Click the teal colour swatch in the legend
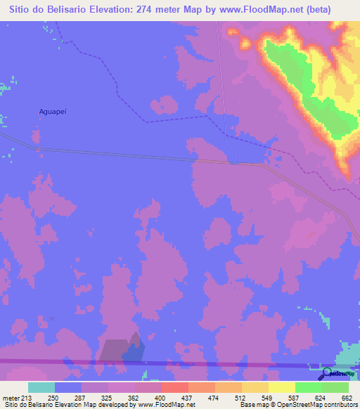click(41, 388)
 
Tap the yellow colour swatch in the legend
click(281, 388)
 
